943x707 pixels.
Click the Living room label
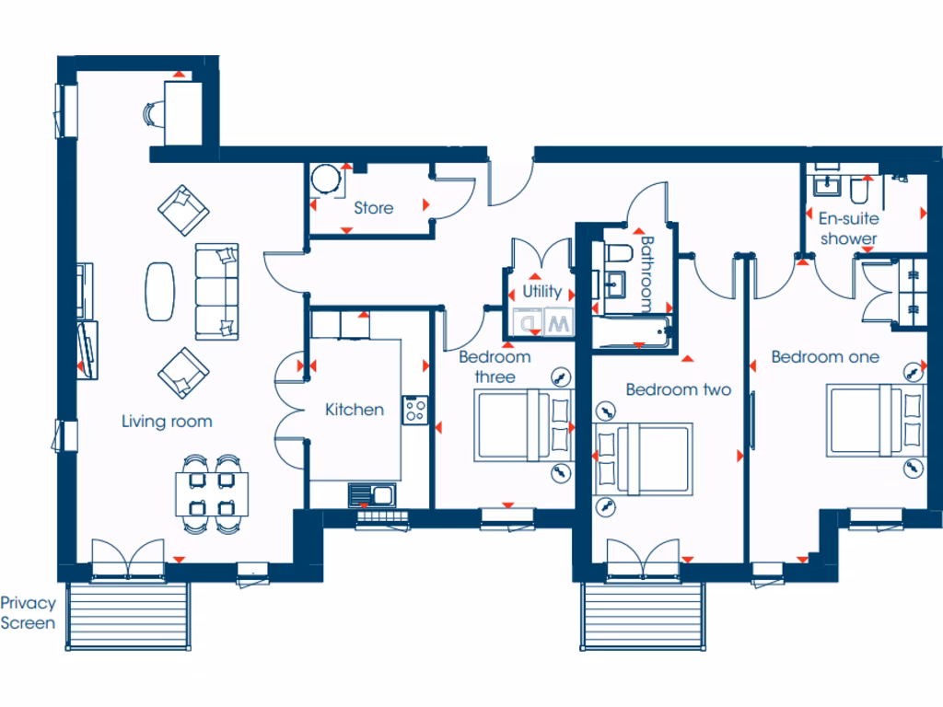pyautogui.click(x=167, y=422)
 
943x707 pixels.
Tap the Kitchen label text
pyautogui.click(x=355, y=410)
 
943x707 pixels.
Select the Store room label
pyautogui.click(x=373, y=208)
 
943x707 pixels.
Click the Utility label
pyautogui.click(x=541, y=291)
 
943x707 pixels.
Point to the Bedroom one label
pyautogui.click(x=825, y=357)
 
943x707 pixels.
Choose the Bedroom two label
pyautogui.click(x=678, y=389)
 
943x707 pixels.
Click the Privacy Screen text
pyautogui.click(x=28, y=613)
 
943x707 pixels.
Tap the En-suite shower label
pyautogui.click(x=848, y=228)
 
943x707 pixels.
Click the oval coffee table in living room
pyautogui.click(x=160, y=291)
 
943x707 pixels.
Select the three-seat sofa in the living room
pyautogui.click(x=216, y=292)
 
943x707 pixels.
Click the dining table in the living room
pyautogui.click(x=207, y=493)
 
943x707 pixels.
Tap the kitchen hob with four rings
pyautogui.click(x=414, y=410)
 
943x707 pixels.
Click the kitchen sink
pyautogui.click(x=371, y=495)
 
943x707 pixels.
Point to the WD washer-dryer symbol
pyautogui.click(x=544, y=323)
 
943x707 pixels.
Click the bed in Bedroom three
pyautogui.click(x=521, y=424)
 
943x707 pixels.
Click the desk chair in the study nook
pyautogui.click(x=152, y=113)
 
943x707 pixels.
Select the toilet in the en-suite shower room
pyautogui.click(x=859, y=190)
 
